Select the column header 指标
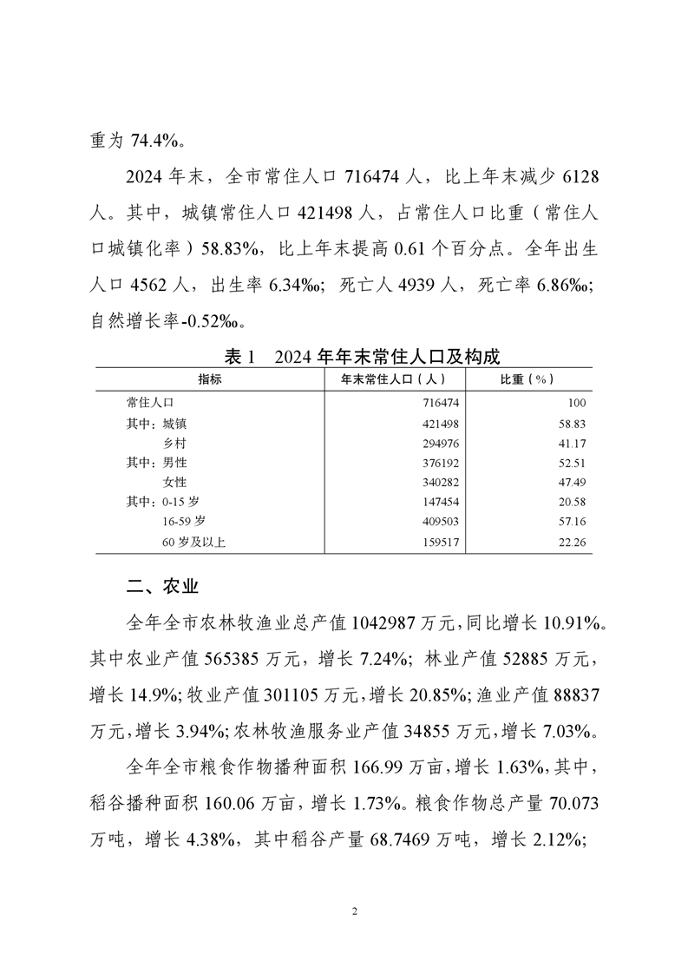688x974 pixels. tap(209, 379)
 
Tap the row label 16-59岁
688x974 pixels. tap(184, 522)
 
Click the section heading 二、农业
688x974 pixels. tap(162, 587)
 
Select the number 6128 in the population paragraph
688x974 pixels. tap(573, 177)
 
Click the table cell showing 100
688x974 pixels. tap(577, 404)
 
